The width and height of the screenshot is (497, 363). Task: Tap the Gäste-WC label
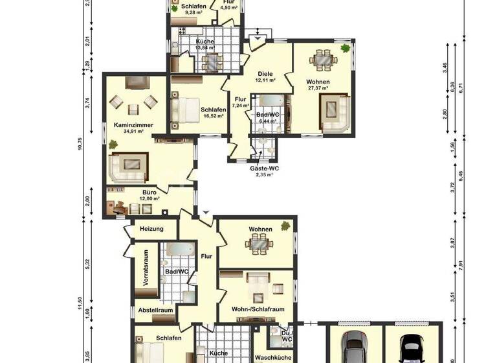265,168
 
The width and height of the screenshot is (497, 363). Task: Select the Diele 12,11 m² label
265,74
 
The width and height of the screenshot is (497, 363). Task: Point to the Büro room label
149,193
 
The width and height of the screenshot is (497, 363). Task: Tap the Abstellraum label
156,310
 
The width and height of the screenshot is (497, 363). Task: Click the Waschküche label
272,357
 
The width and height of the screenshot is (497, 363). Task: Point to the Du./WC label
287,334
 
